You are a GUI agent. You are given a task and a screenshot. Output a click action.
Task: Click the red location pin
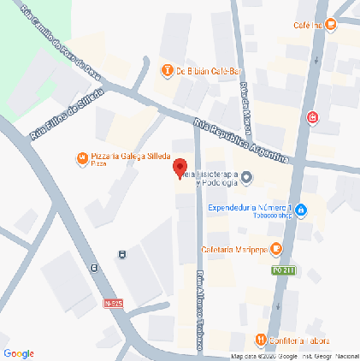(180, 168)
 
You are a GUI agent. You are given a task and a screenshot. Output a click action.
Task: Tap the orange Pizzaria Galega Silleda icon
(81, 157)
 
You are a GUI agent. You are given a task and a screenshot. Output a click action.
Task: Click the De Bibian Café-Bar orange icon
(168, 70)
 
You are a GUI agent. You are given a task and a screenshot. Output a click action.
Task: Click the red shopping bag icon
(315, 116)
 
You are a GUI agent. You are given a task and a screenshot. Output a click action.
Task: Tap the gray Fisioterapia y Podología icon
(247, 178)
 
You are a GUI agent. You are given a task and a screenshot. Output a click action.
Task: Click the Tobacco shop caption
(273, 216)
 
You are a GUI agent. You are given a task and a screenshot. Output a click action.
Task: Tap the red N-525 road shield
(112, 303)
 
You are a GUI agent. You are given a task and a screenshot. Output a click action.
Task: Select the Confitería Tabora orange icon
(260, 337)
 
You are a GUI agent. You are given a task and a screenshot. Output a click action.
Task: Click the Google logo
(19, 352)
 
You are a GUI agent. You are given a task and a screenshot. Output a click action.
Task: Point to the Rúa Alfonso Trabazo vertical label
(201, 311)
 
